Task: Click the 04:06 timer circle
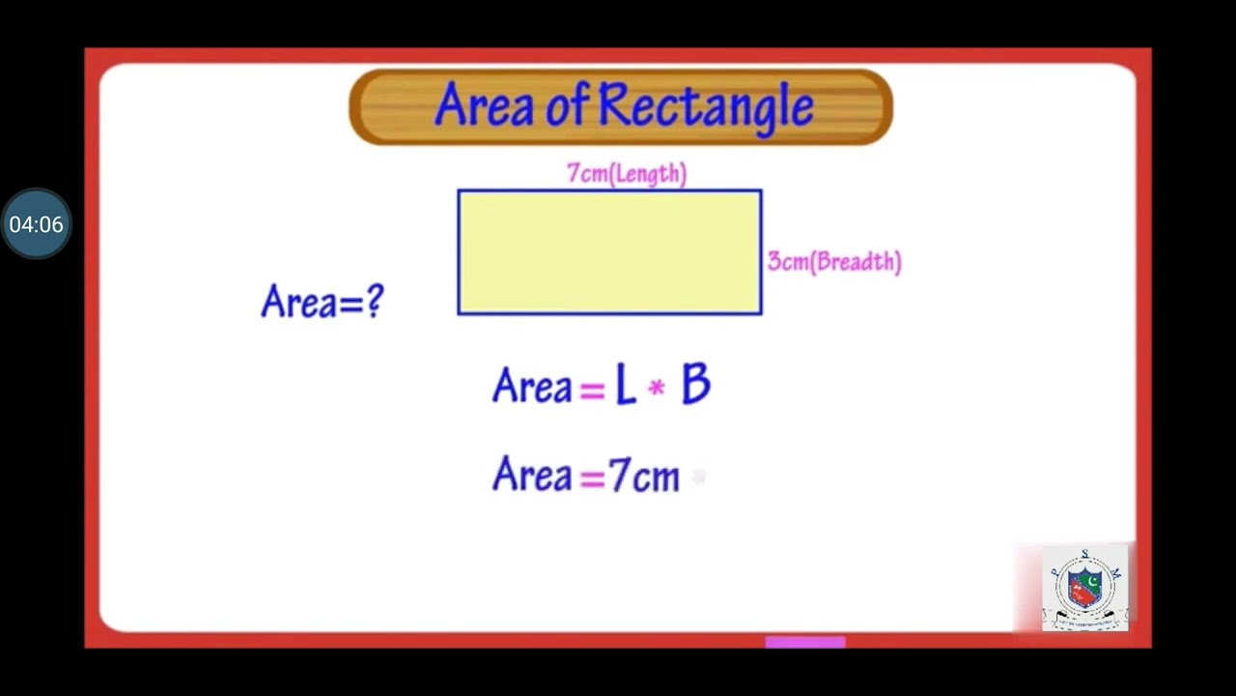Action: click(36, 224)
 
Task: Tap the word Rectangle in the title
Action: click(706, 107)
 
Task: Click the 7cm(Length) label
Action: click(627, 174)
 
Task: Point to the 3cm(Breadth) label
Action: click(834, 262)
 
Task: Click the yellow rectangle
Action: click(609, 252)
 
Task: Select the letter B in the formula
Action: click(695, 387)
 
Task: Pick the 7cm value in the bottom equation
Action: click(644, 477)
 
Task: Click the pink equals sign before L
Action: click(591, 390)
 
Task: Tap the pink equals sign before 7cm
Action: click(591, 478)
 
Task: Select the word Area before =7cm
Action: click(532, 476)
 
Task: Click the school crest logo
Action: click(1084, 589)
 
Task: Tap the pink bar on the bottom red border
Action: click(805, 641)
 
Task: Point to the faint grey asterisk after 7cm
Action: click(700, 477)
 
